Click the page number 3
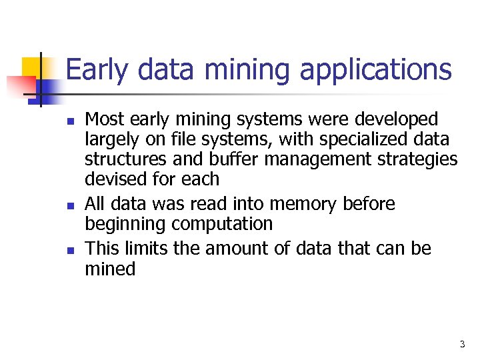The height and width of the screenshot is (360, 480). click(x=462, y=345)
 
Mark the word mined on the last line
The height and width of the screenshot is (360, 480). click(x=110, y=269)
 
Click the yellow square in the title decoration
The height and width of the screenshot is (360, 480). click(x=31, y=66)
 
